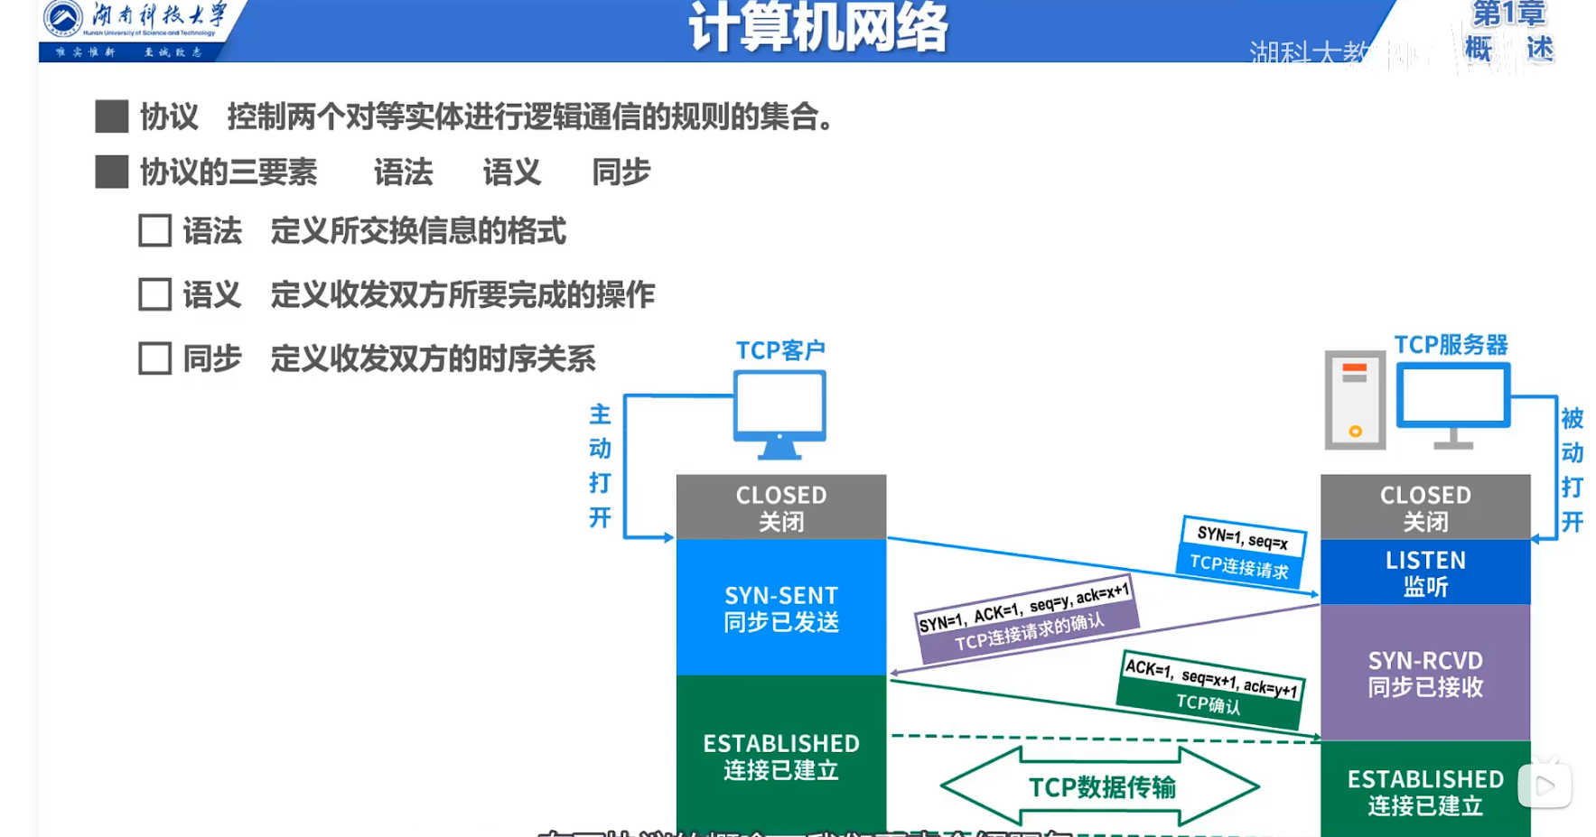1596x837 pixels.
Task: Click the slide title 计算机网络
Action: [817, 27]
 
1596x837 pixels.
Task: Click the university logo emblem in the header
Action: [62, 19]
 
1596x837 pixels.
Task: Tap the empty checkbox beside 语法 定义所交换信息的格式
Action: [154, 231]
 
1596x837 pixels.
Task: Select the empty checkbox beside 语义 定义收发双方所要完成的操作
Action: [154, 294]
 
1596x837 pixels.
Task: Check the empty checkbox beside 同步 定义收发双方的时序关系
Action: [154, 358]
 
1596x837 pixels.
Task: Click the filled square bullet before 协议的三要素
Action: [111, 172]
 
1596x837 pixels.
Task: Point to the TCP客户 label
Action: [780, 350]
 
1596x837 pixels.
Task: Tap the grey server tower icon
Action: [1354, 400]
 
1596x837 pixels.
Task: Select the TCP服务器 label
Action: [1451, 345]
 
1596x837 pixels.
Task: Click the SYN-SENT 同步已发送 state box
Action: [781, 608]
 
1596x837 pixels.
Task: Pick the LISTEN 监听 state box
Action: [1425, 572]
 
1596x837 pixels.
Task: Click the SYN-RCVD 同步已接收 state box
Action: [1425, 673]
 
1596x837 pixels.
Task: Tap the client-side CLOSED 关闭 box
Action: [781, 507]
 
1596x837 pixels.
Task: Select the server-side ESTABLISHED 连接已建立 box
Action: [1425, 790]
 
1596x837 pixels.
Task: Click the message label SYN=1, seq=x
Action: [1243, 537]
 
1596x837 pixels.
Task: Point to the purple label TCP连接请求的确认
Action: [1030, 632]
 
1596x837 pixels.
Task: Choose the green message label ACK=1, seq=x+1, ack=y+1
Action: [1211, 677]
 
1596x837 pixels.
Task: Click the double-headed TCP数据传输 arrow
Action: [1101, 787]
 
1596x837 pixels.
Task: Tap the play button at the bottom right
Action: [1545, 786]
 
